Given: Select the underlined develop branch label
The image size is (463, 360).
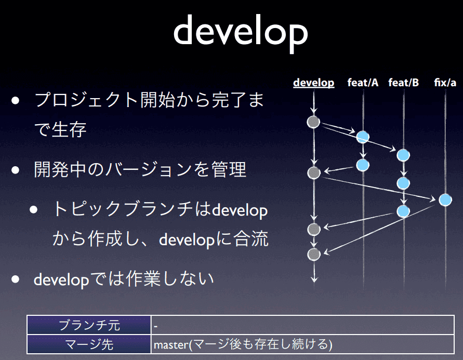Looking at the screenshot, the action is (x=313, y=83).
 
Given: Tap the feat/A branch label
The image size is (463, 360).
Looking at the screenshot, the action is (x=363, y=83).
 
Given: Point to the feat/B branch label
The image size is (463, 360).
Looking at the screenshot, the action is (x=404, y=83).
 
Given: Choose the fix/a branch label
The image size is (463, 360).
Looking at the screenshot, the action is (x=445, y=83).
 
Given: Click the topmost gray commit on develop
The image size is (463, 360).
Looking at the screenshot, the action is (x=313, y=122).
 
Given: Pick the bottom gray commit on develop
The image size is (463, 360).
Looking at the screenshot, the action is (x=314, y=255).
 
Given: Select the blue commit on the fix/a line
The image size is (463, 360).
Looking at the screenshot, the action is (x=445, y=200).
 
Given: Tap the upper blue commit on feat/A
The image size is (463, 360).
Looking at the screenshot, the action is (x=363, y=137).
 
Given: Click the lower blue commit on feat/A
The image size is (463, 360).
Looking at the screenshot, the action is (x=363, y=165).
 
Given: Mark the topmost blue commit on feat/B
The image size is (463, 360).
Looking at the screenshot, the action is (x=403, y=155).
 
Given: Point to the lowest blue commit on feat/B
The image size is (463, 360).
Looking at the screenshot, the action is (x=403, y=211).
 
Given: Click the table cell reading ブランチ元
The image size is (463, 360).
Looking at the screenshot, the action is (x=89, y=325).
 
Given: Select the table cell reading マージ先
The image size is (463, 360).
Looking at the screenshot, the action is (x=89, y=344).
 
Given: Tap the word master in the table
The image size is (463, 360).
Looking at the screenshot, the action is (x=171, y=344).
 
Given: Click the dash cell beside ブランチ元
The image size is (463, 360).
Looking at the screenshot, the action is (x=302, y=325).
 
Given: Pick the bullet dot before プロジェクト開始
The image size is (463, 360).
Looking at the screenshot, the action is (x=16, y=101).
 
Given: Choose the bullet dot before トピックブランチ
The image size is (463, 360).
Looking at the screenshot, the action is (x=33, y=209).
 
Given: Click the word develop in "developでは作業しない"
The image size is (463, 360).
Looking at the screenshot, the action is (x=61, y=279).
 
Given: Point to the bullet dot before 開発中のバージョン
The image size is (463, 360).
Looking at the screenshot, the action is (x=16, y=170).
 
